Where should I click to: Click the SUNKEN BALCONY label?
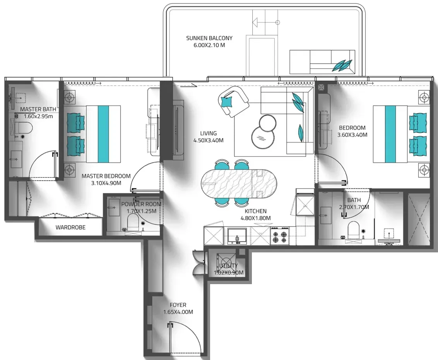(x=209, y=38)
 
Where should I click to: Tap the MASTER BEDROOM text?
(x=106, y=176)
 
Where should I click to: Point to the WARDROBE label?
(x=70, y=227)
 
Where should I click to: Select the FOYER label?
(x=178, y=305)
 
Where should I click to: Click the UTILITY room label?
(x=229, y=266)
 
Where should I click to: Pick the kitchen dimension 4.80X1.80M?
(x=256, y=218)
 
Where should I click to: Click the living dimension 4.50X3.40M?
(x=209, y=140)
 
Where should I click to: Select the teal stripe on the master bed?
(x=103, y=134)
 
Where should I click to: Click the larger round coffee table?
(x=263, y=138)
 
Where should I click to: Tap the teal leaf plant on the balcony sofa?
(x=342, y=65)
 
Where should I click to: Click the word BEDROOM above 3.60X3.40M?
(x=352, y=128)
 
